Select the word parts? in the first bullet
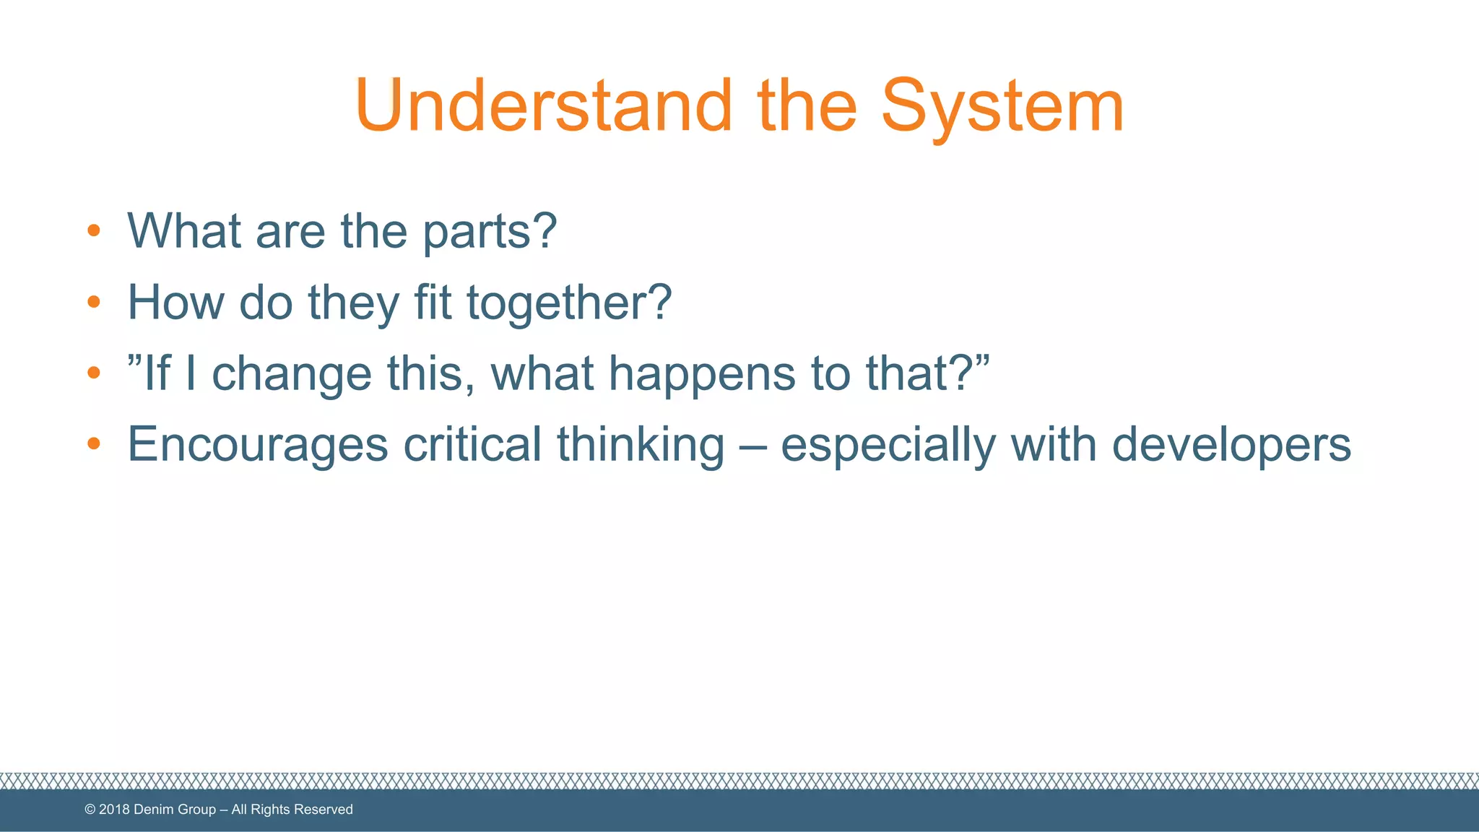(x=490, y=233)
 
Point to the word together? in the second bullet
(x=569, y=303)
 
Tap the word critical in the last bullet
(x=472, y=444)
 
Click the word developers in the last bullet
(x=1231, y=445)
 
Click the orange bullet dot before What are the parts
(x=93, y=231)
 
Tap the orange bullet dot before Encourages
(x=93, y=443)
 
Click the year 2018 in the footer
(x=114, y=810)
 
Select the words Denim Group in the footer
(x=175, y=810)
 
